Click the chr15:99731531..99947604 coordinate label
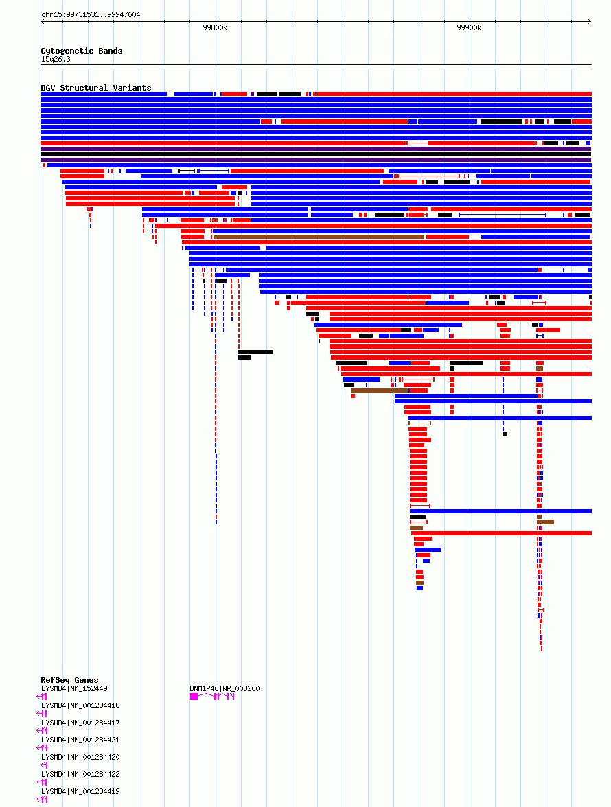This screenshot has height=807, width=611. point(91,14)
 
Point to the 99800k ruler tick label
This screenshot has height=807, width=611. point(215,27)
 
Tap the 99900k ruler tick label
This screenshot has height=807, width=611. point(469,27)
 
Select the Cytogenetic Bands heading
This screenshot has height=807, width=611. point(81,51)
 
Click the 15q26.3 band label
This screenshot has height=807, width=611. point(56,59)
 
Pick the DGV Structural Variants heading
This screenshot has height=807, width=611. point(95,88)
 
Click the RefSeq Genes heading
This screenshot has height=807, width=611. point(69,680)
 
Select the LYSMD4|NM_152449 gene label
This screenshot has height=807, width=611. point(74,689)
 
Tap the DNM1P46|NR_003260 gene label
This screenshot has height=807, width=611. point(224,689)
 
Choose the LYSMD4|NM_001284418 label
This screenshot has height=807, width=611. point(80,705)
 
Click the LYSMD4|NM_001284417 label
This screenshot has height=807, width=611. point(80,723)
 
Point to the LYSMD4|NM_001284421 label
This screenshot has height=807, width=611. point(80,740)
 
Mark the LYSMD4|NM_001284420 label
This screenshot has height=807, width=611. point(80,757)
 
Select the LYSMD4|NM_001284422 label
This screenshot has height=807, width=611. point(80,774)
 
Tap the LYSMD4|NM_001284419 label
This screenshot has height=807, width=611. point(80,791)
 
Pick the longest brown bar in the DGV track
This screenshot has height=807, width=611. point(319,237)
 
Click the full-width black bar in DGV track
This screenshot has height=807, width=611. point(316,154)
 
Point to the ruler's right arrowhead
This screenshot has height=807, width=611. point(590,22)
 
